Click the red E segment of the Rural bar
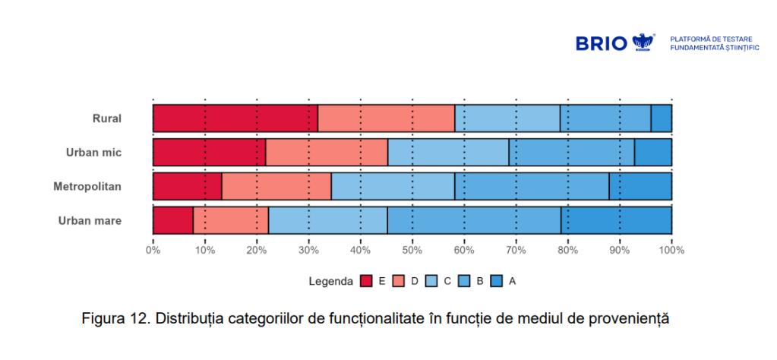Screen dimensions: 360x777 (x=235, y=118)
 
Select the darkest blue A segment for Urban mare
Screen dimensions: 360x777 (x=616, y=220)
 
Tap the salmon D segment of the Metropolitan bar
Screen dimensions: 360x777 (x=276, y=186)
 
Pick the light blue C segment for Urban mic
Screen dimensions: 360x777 (x=448, y=153)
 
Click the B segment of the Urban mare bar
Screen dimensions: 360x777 (x=474, y=220)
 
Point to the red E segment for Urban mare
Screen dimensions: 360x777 (x=173, y=220)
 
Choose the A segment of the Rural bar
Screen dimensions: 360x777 (x=661, y=118)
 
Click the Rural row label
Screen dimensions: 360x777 (x=107, y=118)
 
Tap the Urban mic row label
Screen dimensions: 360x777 (x=93, y=153)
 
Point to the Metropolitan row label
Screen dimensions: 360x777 (x=87, y=187)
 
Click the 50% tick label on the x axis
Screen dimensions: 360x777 (x=412, y=250)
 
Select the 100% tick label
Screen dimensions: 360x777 (x=671, y=250)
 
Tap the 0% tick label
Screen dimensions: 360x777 (x=153, y=250)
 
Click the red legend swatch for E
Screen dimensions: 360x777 (x=366, y=281)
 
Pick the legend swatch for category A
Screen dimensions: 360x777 (x=495, y=281)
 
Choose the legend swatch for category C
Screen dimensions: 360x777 (x=431, y=281)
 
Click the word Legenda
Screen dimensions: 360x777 (x=331, y=281)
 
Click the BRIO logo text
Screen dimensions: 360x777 (x=602, y=43)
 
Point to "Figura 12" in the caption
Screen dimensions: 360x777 (x=113, y=318)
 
